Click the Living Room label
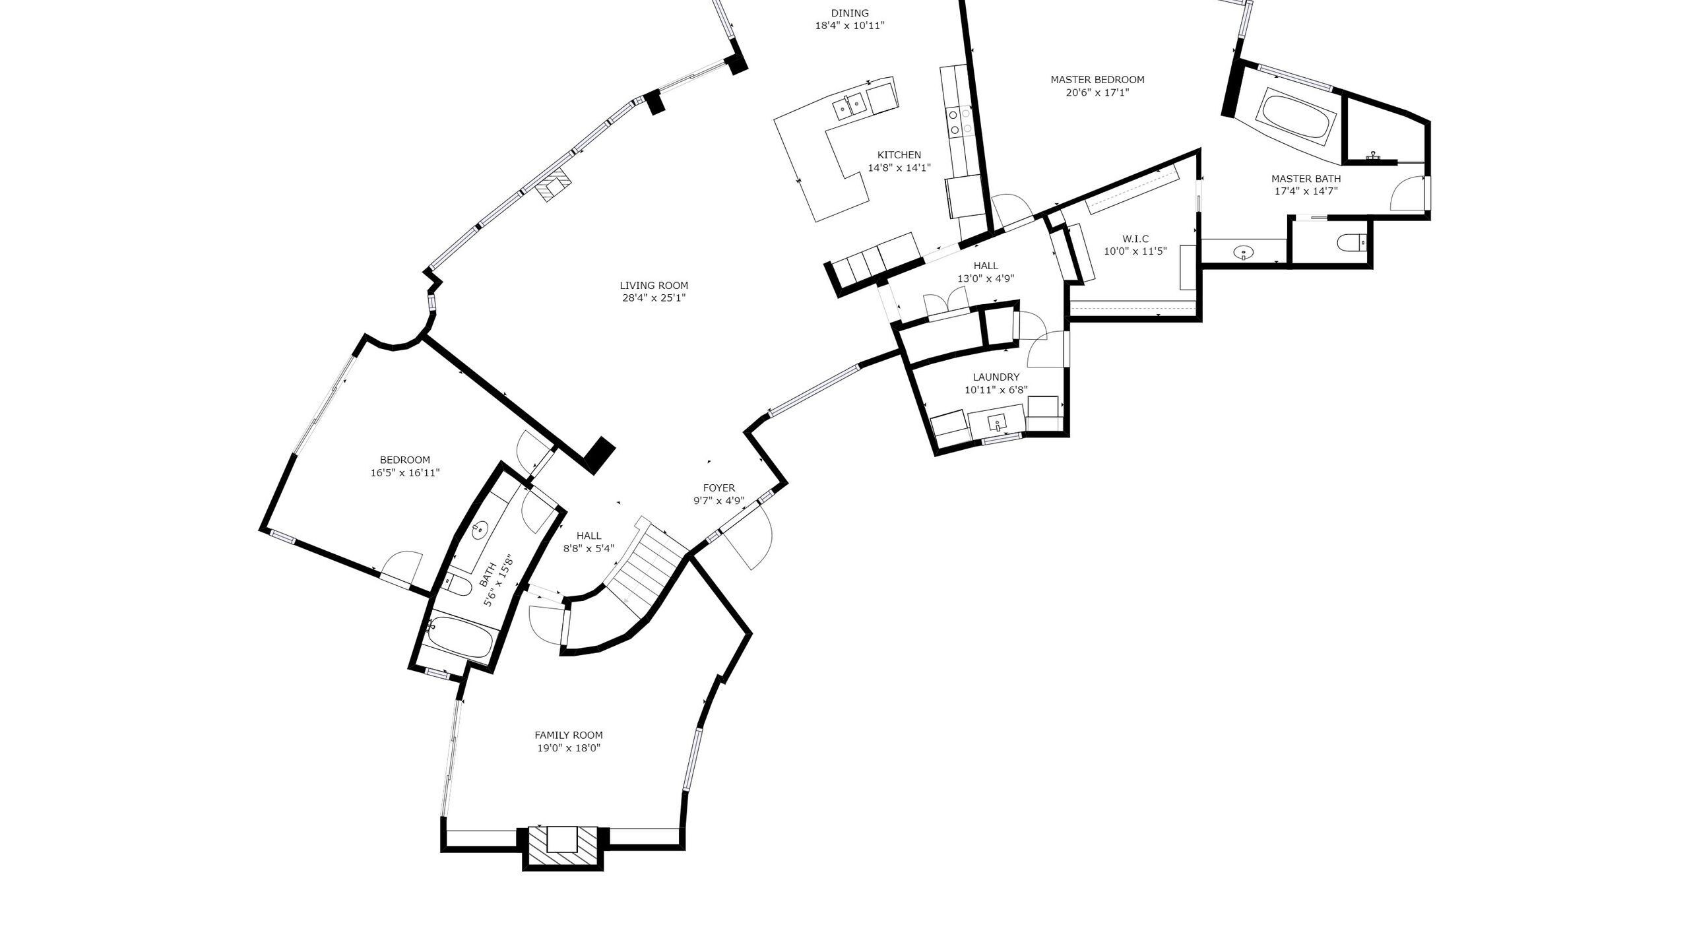pyautogui.click(x=654, y=286)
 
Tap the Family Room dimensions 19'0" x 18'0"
pyautogui.click(x=569, y=748)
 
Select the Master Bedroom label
pyautogui.click(x=1098, y=80)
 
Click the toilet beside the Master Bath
pyautogui.click(x=1352, y=243)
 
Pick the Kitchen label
pyautogui.click(x=899, y=155)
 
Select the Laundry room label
pyautogui.click(x=996, y=377)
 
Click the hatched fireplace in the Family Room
pyautogui.click(x=562, y=847)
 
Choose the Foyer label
pyautogui.click(x=719, y=488)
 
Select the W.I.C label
pyautogui.click(x=1135, y=239)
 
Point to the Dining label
pyautogui.click(x=850, y=13)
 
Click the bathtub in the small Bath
pyautogui.click(x=461, y=637)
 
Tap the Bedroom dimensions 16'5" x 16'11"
pyautogui.click(x=405, y=473)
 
